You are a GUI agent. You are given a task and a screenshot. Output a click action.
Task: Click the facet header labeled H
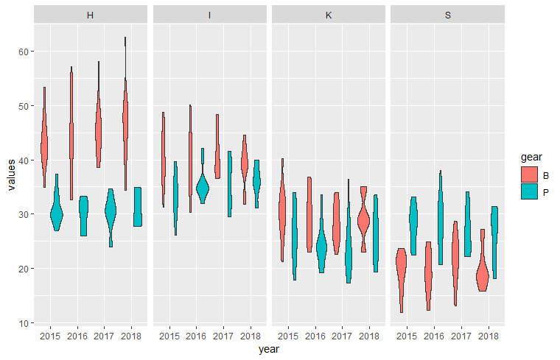90,15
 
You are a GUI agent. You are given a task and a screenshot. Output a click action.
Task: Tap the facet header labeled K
329,15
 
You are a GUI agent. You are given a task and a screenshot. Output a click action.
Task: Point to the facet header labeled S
448,15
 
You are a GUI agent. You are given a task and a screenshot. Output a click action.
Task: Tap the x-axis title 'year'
269,350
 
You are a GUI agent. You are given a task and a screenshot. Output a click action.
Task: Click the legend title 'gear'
531,158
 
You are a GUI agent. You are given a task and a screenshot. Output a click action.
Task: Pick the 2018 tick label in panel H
131,336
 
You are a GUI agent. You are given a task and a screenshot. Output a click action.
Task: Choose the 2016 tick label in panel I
196,336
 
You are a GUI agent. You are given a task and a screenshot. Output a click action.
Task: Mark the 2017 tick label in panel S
461,336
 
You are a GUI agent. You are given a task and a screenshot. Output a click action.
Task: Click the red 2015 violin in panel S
401,272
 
